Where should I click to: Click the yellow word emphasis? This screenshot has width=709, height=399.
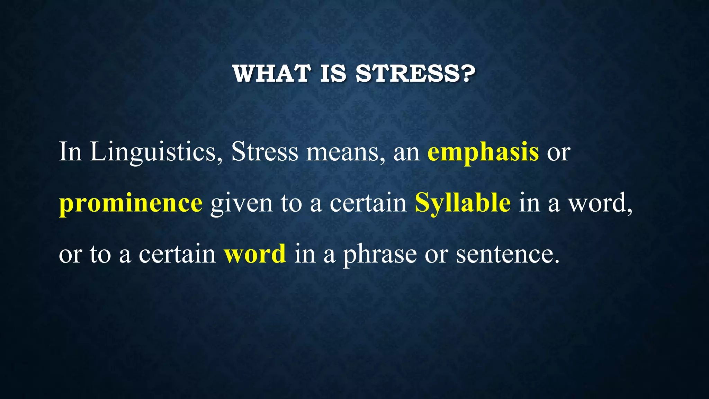(483, 152)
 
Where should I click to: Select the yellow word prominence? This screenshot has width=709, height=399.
(131, 204)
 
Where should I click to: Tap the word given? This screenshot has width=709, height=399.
(241, 204)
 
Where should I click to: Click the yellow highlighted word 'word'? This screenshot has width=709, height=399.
(255, 254)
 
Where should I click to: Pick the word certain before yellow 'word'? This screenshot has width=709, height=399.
(177, 254)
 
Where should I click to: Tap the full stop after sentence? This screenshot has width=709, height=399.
(557, 261)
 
